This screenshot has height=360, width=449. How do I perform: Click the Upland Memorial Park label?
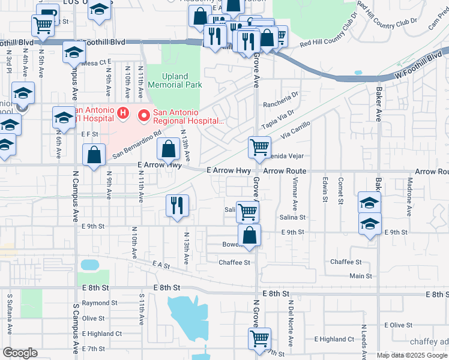pos(183,81)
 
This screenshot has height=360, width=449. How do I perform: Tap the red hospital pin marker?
pos(143,113)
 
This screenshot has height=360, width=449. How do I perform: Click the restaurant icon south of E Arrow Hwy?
pos(176,205)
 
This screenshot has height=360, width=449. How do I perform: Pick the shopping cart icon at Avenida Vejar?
pos(259,147)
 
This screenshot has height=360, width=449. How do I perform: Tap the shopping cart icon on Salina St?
pos(247,211)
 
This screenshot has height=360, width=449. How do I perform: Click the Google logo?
pos(20,353)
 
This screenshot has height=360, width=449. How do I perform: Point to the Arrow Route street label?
pos(285,172)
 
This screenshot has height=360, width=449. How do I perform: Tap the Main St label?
pos(361,277)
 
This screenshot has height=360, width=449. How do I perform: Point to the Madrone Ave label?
pos(409,197)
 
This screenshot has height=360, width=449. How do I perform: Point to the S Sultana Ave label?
pos(10,322)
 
